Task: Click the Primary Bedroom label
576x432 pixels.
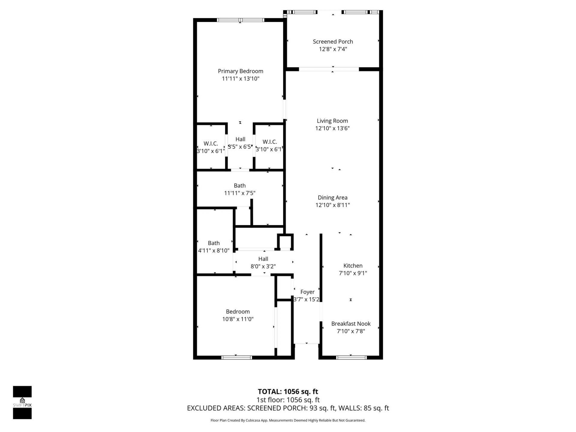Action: pos(240,71)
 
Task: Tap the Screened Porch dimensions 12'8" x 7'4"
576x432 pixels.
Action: pos(333,49)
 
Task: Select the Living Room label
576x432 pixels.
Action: pos(332,121)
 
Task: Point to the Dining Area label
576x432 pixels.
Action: pos(332,198)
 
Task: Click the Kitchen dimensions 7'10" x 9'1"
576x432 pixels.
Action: pos(353,273)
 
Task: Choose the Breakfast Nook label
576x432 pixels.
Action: pos(351,324)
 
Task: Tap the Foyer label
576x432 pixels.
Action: pos(307,292)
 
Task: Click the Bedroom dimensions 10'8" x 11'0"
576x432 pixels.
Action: pos(238,319)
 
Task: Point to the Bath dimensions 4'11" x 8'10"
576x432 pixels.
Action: pos(214,250)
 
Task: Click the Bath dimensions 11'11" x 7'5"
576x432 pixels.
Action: pos(239,193)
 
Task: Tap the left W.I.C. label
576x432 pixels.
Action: pos(211,144)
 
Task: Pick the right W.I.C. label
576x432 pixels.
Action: pos(269,142)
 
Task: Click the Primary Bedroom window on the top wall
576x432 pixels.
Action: pos(240,20)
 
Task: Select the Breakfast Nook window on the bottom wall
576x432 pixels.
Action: pos(351,357)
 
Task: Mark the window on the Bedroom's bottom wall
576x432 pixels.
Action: pos(236,357)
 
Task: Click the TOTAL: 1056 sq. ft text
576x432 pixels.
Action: pos(288,391)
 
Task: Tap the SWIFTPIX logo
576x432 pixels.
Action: pos(22,402)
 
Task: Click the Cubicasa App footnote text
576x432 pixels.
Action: pos(288,420)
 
